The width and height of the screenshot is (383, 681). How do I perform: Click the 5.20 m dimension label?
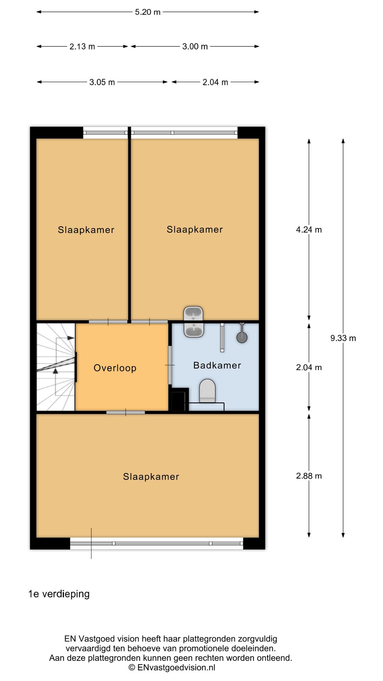(148, 12)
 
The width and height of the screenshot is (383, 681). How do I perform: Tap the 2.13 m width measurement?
(82, 46)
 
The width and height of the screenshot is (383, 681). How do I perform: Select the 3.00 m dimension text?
(195, 46)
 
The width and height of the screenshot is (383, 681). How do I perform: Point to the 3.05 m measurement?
(102, 82)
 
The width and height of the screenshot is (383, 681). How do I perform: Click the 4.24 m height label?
(309, 229)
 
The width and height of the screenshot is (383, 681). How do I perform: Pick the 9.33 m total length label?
(343, 338)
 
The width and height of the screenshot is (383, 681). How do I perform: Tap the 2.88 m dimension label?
(309, 476)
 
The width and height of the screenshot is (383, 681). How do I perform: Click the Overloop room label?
(115, 368)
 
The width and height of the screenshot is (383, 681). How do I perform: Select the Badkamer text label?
(217, 365)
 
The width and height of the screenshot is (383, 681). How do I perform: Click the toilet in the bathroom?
(207, 391)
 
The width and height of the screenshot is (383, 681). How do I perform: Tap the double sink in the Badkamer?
(193, 322)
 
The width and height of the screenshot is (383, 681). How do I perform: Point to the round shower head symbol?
(242, 337)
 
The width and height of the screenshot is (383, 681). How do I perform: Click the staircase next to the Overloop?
(56, 367)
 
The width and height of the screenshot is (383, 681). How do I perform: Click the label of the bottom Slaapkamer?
(151, 477)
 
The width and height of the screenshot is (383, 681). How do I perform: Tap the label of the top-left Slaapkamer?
(86, 230)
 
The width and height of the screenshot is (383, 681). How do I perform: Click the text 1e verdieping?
(59, 594)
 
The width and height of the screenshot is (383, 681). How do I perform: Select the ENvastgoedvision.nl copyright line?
(172, 668)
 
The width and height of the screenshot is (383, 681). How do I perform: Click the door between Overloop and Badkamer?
(170, 365)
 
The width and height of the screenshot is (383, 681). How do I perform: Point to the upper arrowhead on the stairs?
(71, 338)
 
